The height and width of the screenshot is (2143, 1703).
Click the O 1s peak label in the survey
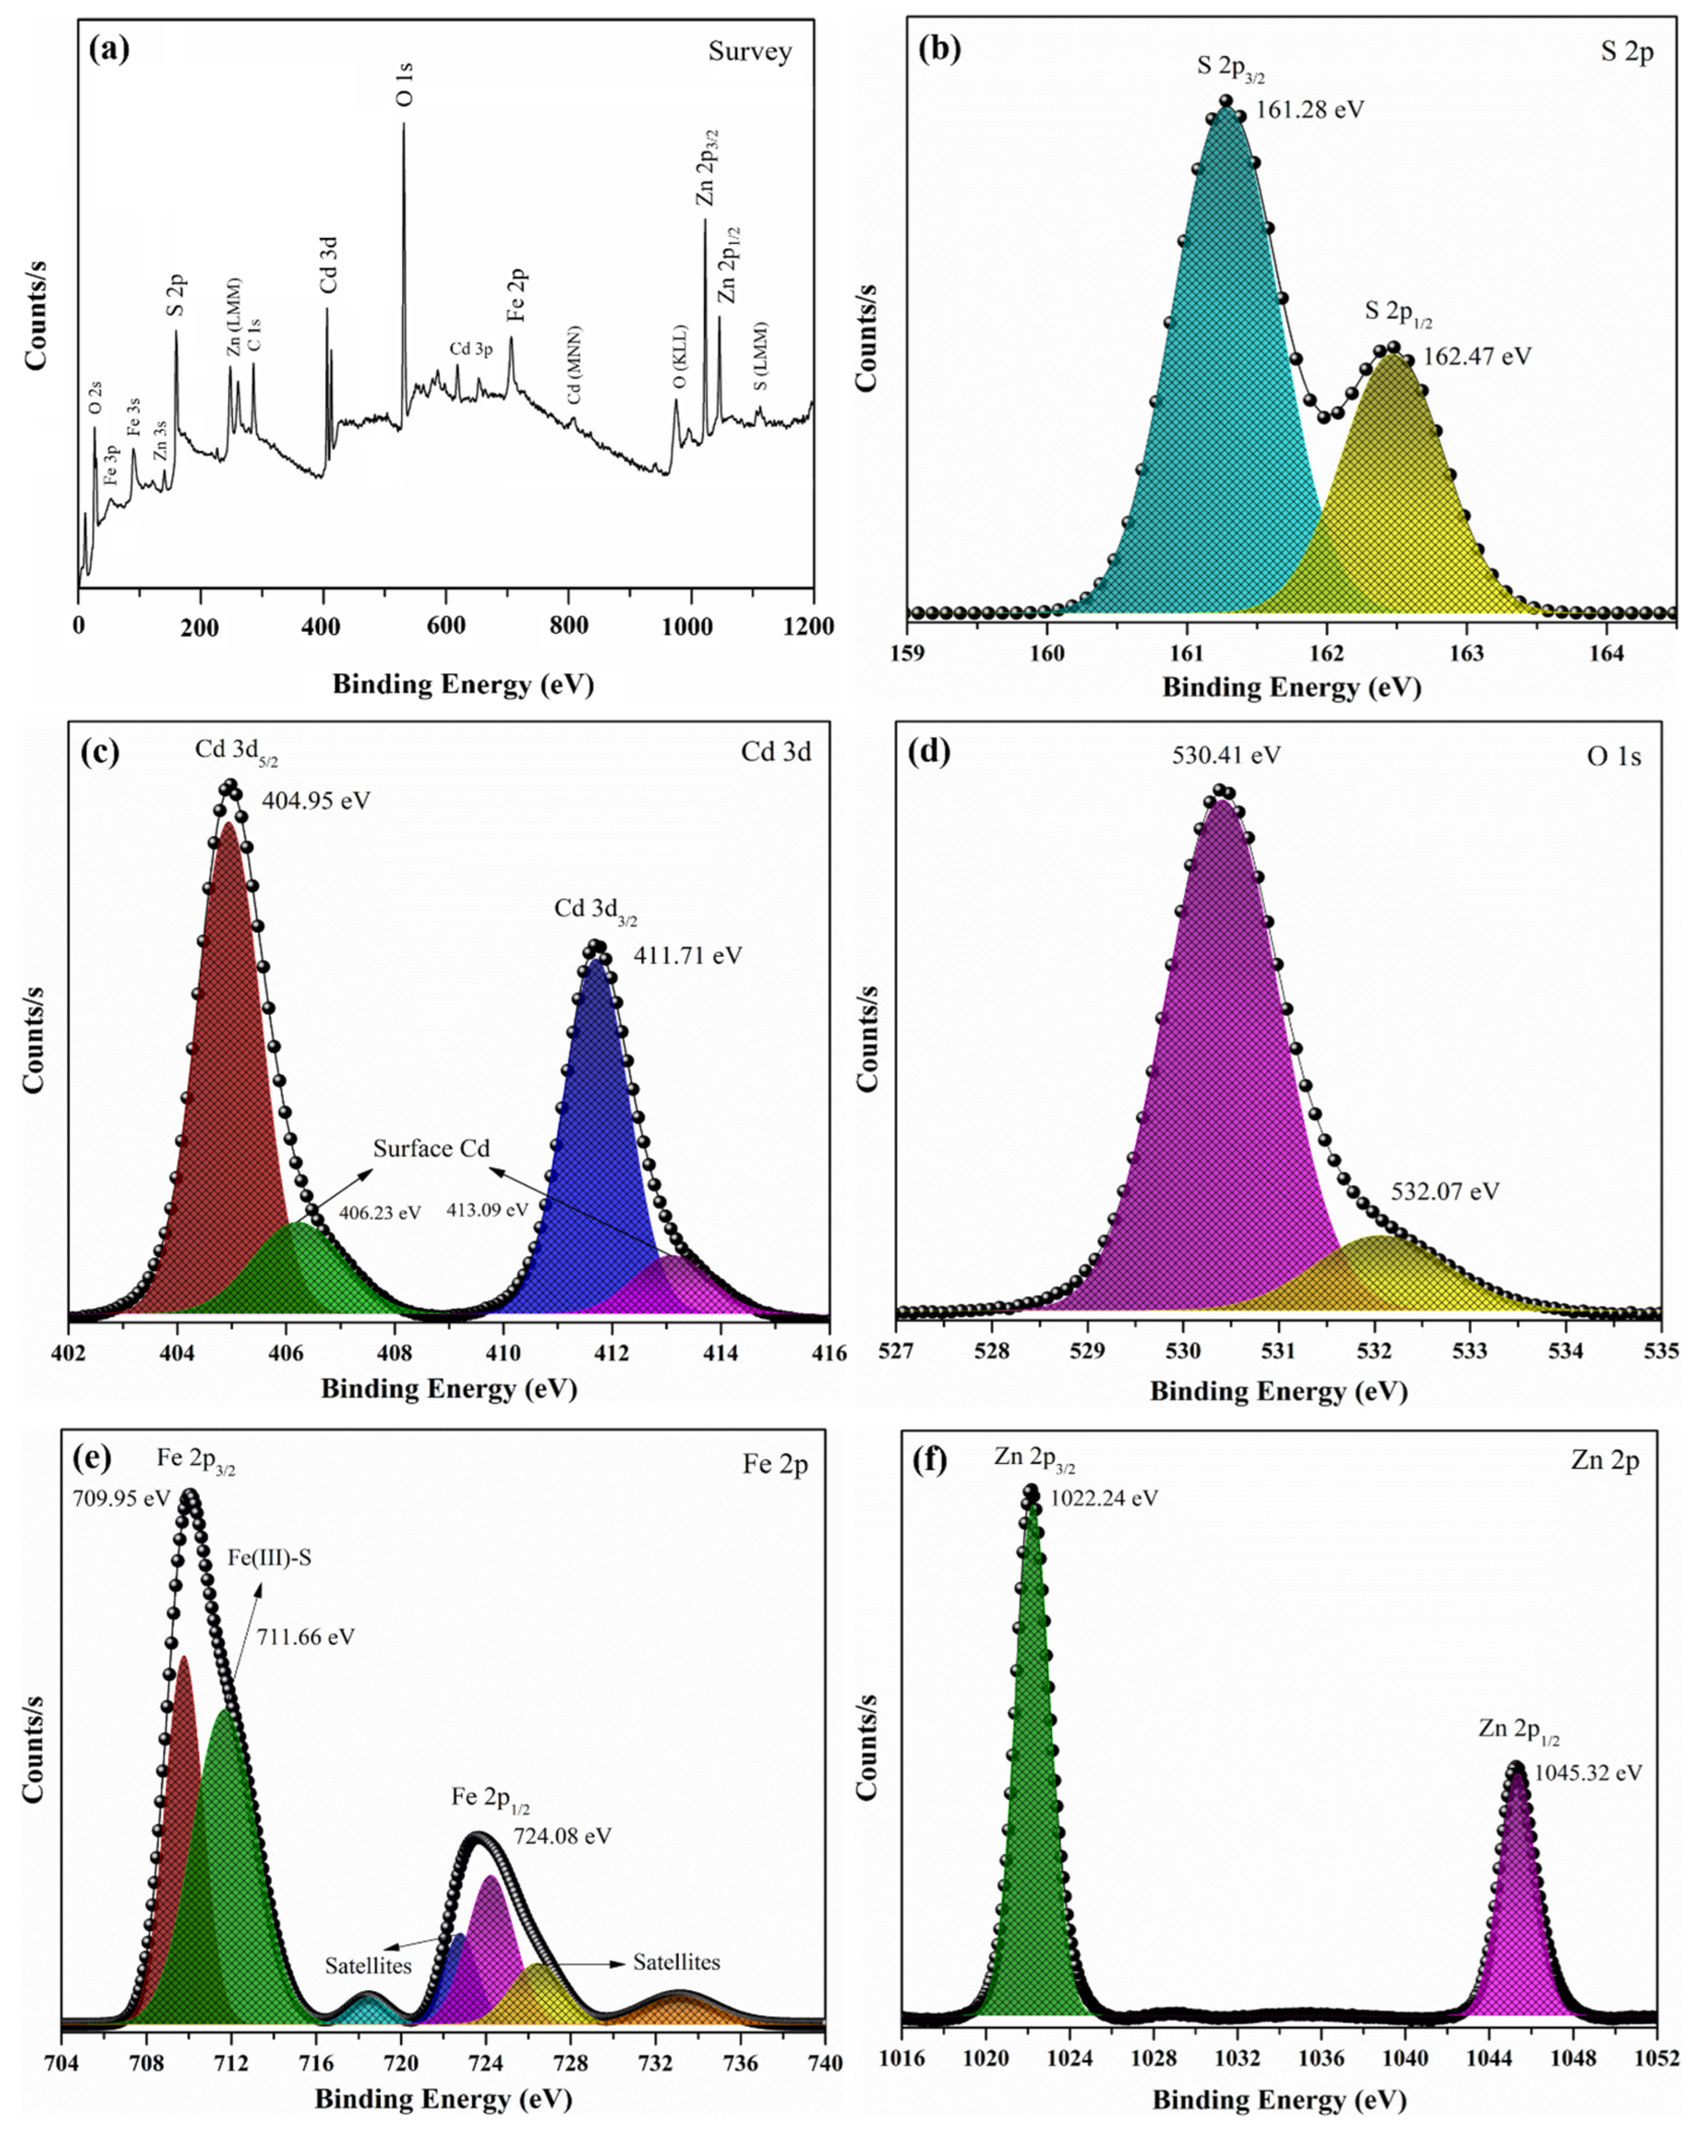tap(404, 84)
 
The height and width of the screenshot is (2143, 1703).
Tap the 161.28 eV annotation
tap(1309, 109)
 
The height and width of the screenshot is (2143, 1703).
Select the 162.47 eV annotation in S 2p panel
tap(1477, 356)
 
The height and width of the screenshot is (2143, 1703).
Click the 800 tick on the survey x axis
tap(569, 626)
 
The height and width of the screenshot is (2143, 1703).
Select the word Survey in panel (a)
tap(750, 52)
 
